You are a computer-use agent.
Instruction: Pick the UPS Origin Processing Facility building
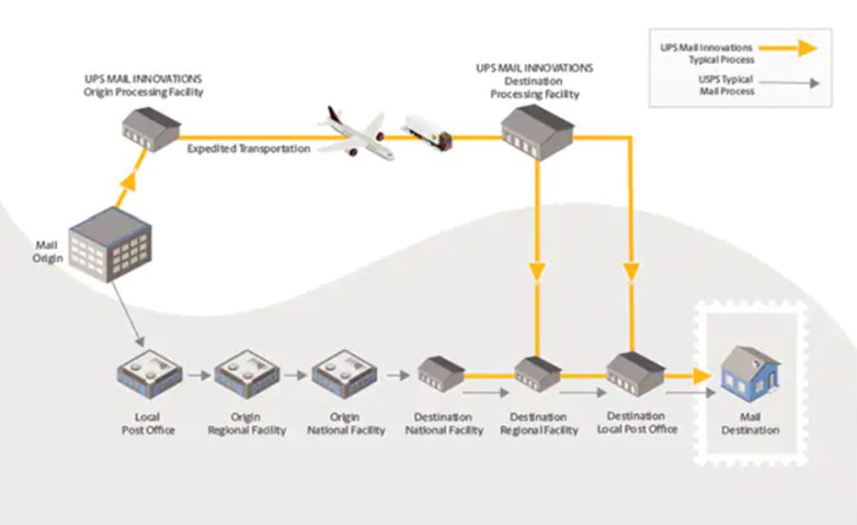(x=149, y=130)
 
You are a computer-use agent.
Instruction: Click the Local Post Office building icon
(x=148, y=374)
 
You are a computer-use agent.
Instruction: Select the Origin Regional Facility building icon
(x=247, y=374)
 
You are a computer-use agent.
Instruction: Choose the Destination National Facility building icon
(x=442, y=374)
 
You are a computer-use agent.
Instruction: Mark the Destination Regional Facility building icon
(x=538, y=374)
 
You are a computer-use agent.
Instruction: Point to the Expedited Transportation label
(x=249, y=149)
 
